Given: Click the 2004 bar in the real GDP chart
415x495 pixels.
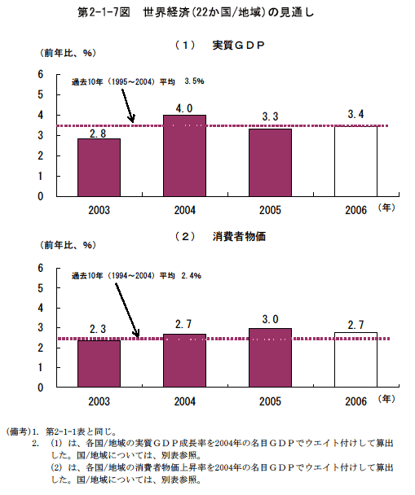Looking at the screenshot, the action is (x=184, y=156).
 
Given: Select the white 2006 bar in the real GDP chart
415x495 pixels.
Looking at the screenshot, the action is (x=355, y=161).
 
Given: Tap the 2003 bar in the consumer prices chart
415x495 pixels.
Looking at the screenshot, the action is (x=99, y=363).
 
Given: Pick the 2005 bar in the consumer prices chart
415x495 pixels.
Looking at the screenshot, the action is (x=270, y=357).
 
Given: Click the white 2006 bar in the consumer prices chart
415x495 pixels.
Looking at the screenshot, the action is (x=355, y=360).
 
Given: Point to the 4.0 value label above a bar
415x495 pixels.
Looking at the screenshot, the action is (x=184, y=108).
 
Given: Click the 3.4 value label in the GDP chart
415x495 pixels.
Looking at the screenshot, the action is (x=355, y=114).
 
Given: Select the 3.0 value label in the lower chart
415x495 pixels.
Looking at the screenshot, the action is (x=270, y=319).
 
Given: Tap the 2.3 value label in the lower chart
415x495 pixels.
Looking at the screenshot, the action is (x=98, y=329).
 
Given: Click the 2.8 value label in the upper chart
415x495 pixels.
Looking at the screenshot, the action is (x=98, y=134).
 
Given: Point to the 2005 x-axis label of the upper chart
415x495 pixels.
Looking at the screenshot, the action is (x=270, y=210).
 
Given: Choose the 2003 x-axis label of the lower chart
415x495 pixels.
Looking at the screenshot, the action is (x=99, y=401).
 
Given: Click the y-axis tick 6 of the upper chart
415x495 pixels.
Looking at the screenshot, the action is (x=41, y=75).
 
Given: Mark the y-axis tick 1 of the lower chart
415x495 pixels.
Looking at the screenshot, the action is (x=41, y=367).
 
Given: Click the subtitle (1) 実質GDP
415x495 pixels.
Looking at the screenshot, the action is (x=220, y=46).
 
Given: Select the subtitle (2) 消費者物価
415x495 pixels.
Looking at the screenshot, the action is (x=220, y=236).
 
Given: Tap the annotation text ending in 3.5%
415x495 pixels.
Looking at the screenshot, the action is (x=138, y=81).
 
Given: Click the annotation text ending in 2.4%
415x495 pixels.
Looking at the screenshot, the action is (x=136, y=276).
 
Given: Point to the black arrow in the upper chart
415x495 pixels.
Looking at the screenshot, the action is (x=128, y=106).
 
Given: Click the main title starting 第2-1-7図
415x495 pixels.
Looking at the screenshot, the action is (x=196, y=12).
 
